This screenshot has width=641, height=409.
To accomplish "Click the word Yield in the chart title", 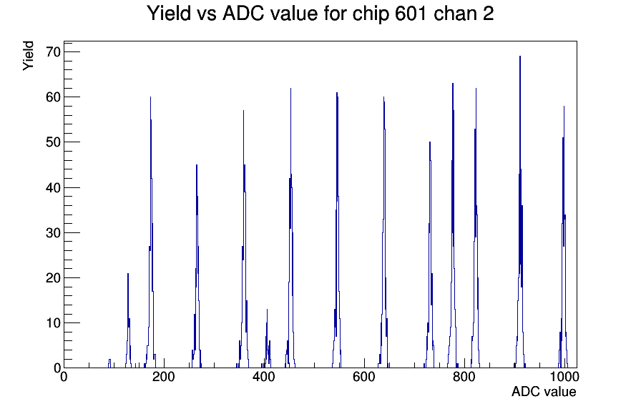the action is coord(169,13).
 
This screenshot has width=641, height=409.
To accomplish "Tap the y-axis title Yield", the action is coord(28,56).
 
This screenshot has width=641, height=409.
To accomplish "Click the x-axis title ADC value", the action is coord(544,391).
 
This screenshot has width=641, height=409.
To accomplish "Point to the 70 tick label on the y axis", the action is coord(53,52).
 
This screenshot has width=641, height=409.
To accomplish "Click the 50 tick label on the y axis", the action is coord(53,142).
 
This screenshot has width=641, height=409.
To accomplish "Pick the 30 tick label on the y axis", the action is coord(53,232).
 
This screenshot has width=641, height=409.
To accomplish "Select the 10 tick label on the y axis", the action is coord(53,322).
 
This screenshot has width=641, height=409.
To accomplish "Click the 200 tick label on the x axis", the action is coord(164,377).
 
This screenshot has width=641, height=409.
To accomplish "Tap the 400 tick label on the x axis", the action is coord(264,377).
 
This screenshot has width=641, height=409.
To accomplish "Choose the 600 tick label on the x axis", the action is coord(364,377).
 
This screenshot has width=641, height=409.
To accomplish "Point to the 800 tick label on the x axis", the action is coord(464,377).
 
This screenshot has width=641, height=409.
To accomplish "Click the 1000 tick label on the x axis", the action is coord(564,377).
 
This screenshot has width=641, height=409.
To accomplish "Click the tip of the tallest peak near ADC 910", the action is coord(520,56).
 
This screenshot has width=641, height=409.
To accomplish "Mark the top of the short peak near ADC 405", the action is coord(267,310).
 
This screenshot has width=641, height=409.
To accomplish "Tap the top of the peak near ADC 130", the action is coord(128,274).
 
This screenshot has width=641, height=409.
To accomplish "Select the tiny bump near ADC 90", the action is coord(109,360).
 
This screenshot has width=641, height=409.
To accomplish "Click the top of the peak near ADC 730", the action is coord(430,142).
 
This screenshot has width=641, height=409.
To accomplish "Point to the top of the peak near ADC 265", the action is coord(197,165).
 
